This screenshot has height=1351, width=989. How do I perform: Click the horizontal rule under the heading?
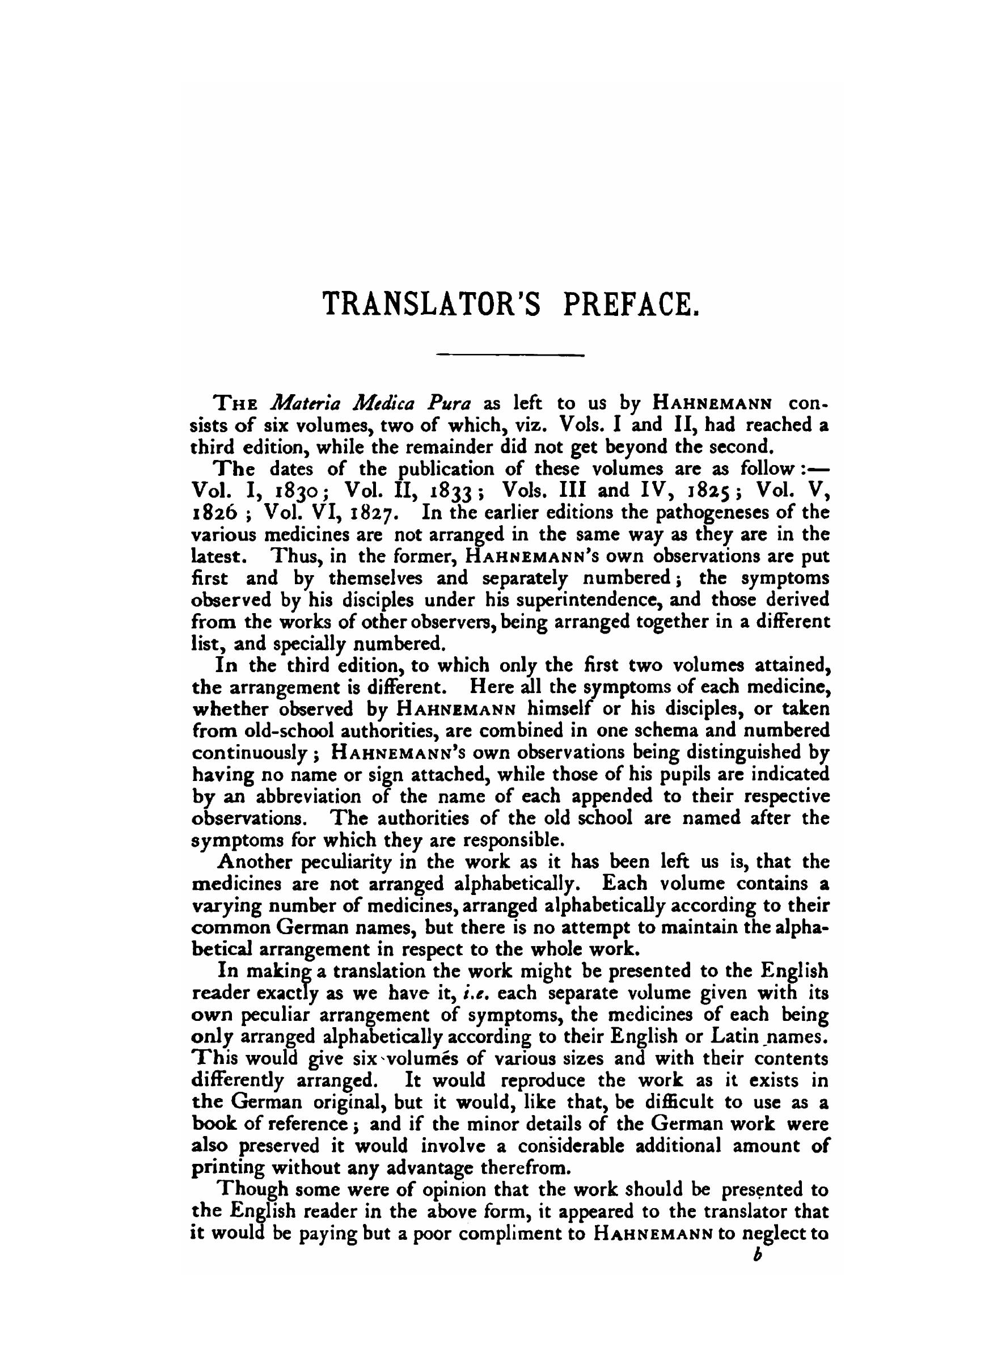pos(510,356)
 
